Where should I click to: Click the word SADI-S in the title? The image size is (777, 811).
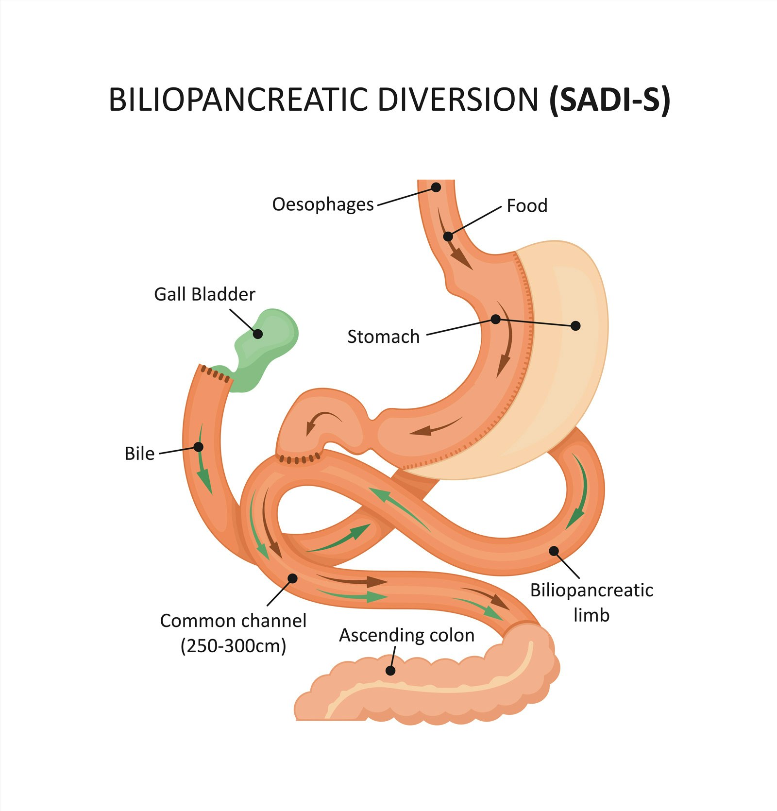(609, 100)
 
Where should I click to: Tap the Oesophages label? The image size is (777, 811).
(323, 204)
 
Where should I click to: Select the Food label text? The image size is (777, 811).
(527, 206)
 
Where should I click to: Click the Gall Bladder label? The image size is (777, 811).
(204, 294)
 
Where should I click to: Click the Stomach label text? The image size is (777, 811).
(383, 337)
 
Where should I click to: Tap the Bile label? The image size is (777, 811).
(139, 454)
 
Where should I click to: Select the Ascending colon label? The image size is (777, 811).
(406, 635)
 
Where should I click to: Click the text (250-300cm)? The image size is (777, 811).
(233, 646)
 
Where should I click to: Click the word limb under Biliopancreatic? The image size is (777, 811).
(591, 615)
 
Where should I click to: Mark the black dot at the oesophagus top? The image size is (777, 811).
(436, 187)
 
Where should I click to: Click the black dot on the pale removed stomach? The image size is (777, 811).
(575, 325)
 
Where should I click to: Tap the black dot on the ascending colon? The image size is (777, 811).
(390, 671)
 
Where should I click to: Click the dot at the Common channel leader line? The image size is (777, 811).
(292, 578)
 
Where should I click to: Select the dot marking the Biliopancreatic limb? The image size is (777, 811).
(554, 550)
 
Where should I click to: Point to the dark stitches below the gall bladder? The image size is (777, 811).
(215, 373)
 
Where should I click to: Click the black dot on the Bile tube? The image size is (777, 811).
(198, 446)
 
